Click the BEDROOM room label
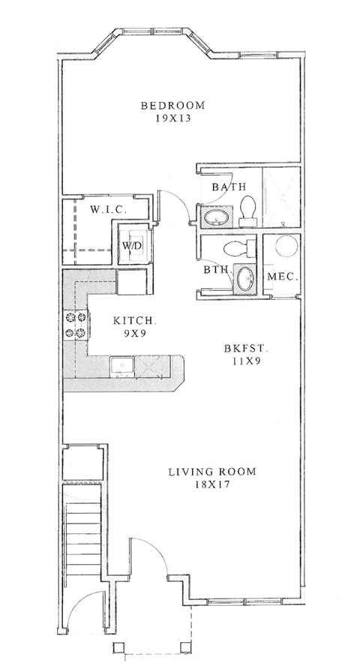pos(173,105)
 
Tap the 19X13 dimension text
pos(173,118)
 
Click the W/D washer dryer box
pos(133,245)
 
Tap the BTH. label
pos(217,268)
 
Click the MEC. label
pos(283,277)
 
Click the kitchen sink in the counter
pos(121,366)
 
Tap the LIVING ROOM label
pos(211,472)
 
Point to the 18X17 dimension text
pos(211,485)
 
